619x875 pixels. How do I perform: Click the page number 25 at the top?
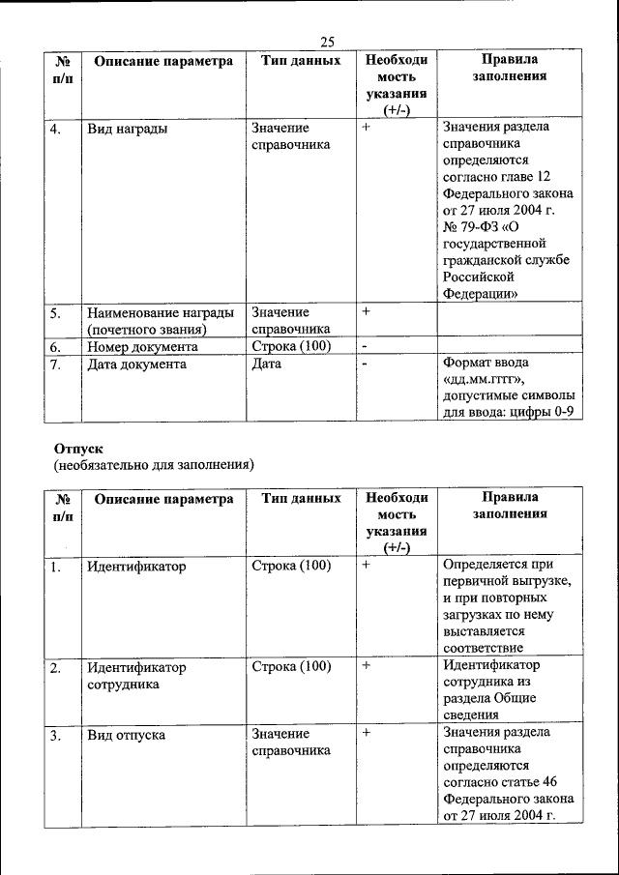coord(327,41)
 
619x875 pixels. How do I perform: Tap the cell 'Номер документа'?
coord(142,346)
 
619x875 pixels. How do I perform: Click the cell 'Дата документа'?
coord(136,365)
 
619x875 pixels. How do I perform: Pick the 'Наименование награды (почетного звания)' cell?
coord(160,320)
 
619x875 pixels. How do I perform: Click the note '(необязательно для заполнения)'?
coord(153,465)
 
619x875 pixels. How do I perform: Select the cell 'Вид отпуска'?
coord(126,735)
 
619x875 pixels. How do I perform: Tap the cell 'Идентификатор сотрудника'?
coord(136,675)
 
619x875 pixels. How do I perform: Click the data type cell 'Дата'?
coord(266,365)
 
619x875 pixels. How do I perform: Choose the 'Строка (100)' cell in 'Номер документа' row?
coord(291,346)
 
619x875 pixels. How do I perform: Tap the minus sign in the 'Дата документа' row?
coord(366,365)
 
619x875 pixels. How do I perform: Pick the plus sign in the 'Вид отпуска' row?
coord(367,734)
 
